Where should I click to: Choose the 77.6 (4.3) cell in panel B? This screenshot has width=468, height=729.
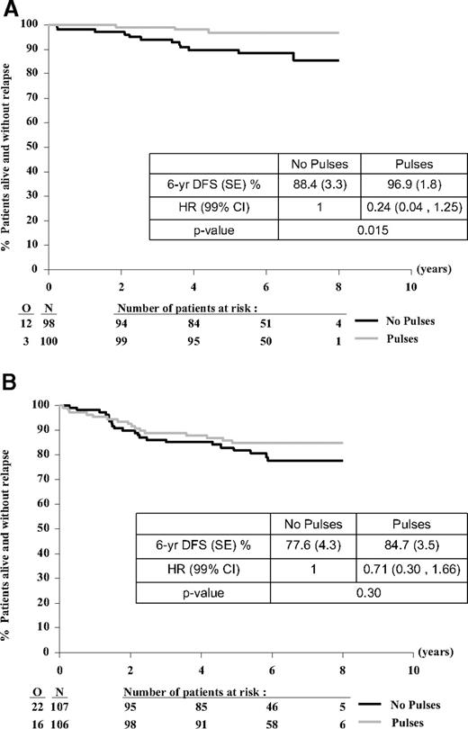coord(313,545)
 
